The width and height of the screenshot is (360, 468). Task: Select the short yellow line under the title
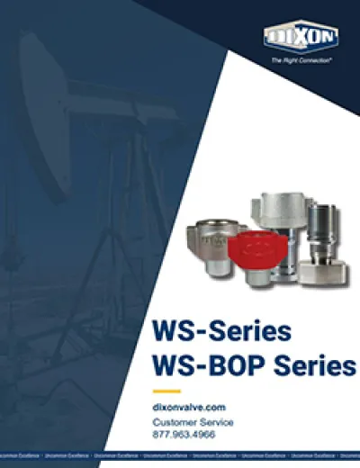(166, 391)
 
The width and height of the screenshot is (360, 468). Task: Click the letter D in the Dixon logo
(275, 37)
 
